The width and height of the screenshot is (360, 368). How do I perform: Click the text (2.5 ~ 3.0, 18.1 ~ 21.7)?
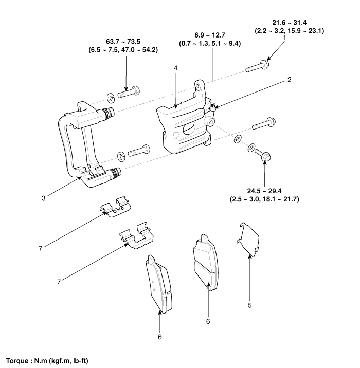[264, 198]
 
